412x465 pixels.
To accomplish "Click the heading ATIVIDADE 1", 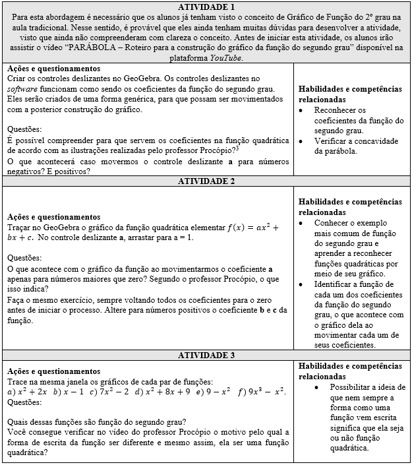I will (x=206, y=7).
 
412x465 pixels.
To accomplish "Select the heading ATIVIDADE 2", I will (x=206, y=181).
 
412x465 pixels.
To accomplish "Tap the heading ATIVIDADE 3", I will (x=206, y=356).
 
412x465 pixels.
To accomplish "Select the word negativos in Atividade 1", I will (x=27, y=171).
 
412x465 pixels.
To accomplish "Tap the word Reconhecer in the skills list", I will (x=338, y=110).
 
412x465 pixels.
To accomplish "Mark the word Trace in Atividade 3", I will (x=18, y=382).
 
